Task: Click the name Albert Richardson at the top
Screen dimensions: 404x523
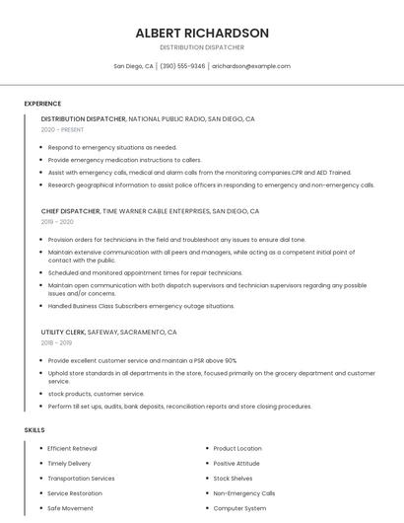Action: pyautogui.click(x=202, y=33)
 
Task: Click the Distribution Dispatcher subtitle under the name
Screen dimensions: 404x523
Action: pyautogui.click(x=202, y=47)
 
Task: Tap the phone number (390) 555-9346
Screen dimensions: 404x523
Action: pyautogui.click(x=182, y=66)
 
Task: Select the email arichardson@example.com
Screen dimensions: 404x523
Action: pyautogui.click(x=251, y=66)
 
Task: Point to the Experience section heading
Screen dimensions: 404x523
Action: pyautogui.click(x=42, y=104)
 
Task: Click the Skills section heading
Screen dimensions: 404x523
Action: pyautogui.click(x=34, y=430)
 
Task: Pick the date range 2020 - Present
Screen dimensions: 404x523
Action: pyautogui.click(x=63, y=129)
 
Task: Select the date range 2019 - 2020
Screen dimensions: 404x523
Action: pyautogui.click(x=57, y=222)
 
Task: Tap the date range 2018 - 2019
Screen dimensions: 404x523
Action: pyautogui.click(x=56, y=343)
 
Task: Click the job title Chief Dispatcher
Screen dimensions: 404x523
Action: pyautogui.click(x=71, y=211)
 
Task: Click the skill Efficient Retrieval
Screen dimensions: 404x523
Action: pyautogui.click(x=72, y=449)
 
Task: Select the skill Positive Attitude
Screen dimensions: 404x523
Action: pyautogui.click(x=236, y=464)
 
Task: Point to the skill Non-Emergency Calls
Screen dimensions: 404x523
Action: pyautogui.click(x=244, y=493)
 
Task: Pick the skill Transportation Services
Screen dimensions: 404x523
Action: pyautogui.click(x=81, y=479)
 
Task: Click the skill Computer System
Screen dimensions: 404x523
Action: pyautogui.click(x=239, y=508)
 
